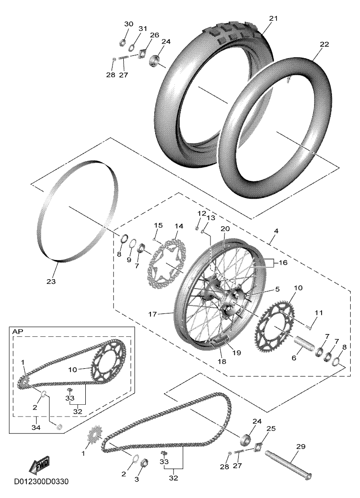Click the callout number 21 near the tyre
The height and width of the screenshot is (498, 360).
[x=273, y=18]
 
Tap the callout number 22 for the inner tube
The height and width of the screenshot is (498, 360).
[x=324, y=45]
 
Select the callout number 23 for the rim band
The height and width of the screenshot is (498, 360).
[x=51, y=282]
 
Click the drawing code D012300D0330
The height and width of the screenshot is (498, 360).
[x=41, y=481]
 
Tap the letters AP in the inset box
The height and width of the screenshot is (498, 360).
[x=17, y=331]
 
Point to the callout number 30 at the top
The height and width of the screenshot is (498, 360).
[x=128, y=24]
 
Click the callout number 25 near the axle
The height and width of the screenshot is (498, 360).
[x=271, y=428]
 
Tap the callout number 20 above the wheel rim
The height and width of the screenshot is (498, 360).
[x=225, y=229]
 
